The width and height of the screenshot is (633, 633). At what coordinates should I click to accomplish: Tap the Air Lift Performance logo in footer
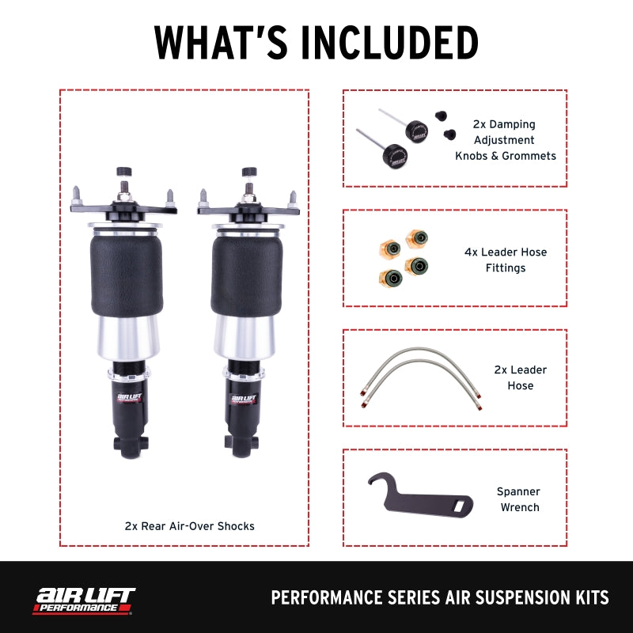pos(83,599)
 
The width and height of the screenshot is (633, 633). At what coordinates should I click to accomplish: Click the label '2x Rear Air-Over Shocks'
pos(189,525)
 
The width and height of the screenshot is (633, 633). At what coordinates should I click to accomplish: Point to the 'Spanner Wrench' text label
pos(518,499)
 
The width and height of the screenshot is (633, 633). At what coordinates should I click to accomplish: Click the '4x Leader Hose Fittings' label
pos(505,260)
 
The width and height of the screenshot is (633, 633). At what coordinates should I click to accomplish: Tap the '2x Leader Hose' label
pos(520,377)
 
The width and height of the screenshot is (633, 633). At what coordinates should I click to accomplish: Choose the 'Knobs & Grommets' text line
pos(505,156)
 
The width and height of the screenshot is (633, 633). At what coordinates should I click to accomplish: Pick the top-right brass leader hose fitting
pos(416,239)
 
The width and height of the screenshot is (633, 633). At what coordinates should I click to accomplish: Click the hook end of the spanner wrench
pos(379,483)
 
